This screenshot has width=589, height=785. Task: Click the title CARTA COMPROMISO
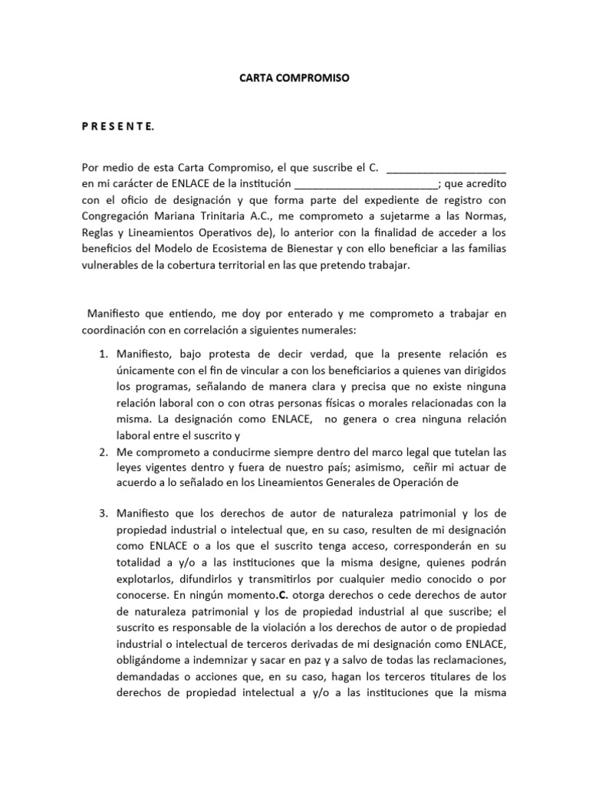[294, 78]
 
